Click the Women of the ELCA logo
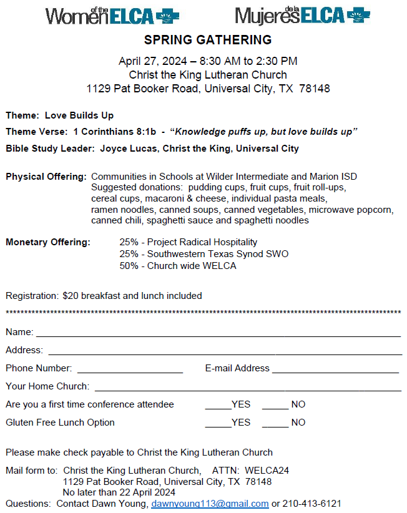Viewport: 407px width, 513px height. coord(108,15)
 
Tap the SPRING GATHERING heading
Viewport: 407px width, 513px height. coord(208,41)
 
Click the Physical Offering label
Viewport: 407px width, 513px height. coord(46,177)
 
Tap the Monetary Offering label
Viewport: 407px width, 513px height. coord(48,242)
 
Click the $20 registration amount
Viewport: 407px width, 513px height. coord(69,296)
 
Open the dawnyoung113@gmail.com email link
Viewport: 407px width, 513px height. coord(210,504)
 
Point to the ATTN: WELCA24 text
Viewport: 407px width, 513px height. coord(251,470)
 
